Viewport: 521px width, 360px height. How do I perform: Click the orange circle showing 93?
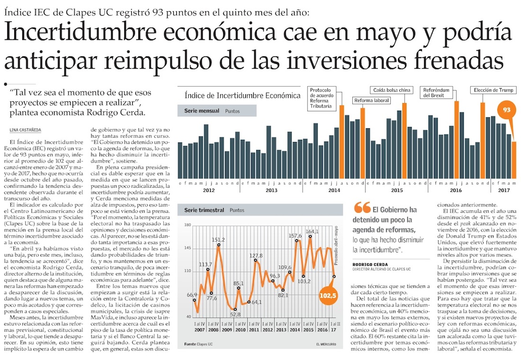click(x=506, y=110)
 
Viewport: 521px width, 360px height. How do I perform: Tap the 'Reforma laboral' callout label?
click(x=372, y=100)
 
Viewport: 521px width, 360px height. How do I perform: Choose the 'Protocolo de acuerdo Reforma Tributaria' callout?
click(x=323, y=97)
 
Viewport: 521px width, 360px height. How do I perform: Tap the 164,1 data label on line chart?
click(x=313, y=232)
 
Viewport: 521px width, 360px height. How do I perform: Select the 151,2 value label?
click(x=218, y=240)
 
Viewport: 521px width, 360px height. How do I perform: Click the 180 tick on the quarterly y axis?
click(x=187, y=225)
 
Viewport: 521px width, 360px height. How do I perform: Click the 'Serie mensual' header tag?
click(x=198, y=111)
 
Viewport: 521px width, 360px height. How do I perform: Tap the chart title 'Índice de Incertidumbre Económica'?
click(x=243, y=95)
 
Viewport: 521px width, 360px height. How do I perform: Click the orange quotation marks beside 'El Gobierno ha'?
click(x=362, y=207)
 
